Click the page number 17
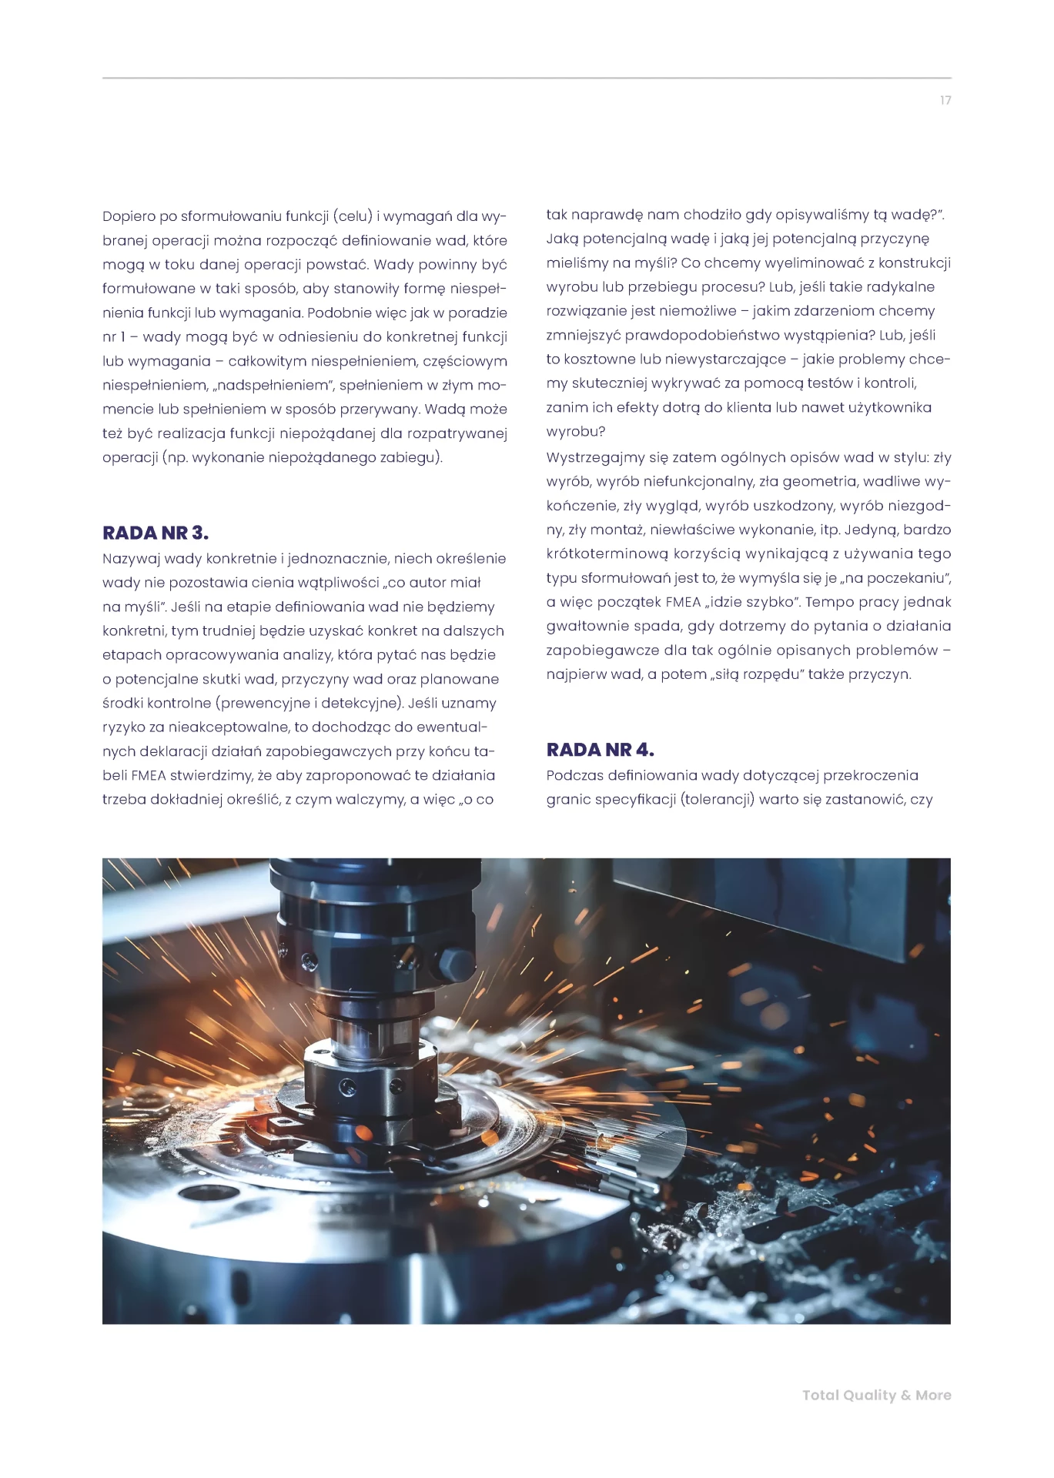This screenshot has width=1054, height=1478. click(945, 100)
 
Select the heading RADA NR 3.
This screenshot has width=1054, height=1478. click(155, 533)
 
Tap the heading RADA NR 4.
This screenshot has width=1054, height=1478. click(600, 750)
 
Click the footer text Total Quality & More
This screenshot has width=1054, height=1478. click(876, 1395)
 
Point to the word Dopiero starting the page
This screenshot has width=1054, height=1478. click(129, 216)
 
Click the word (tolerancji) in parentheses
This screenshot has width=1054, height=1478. click(718, 799)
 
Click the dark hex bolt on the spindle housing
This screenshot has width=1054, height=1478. click(456, 961)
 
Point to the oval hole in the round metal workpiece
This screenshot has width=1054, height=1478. click(209, 1194)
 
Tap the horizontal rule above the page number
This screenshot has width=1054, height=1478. click(527, 78)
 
